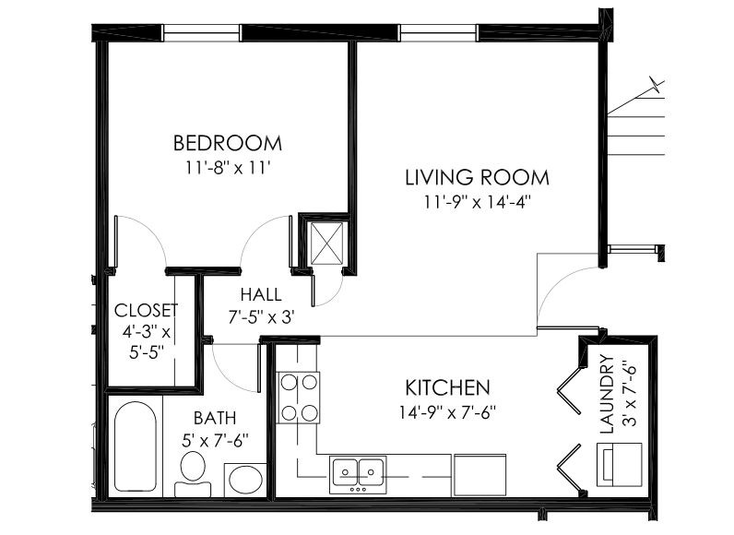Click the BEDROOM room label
click(228, 143)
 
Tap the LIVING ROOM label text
click(477, 176)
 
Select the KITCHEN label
click(447, 386)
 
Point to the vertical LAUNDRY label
click(606, 394)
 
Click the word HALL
click(261, 295)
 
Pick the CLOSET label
click(145, 310)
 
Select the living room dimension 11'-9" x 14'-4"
click(477, 200)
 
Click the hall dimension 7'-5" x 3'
click(261, 316)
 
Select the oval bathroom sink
click(245, 480)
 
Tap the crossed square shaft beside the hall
click(326, 241)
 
